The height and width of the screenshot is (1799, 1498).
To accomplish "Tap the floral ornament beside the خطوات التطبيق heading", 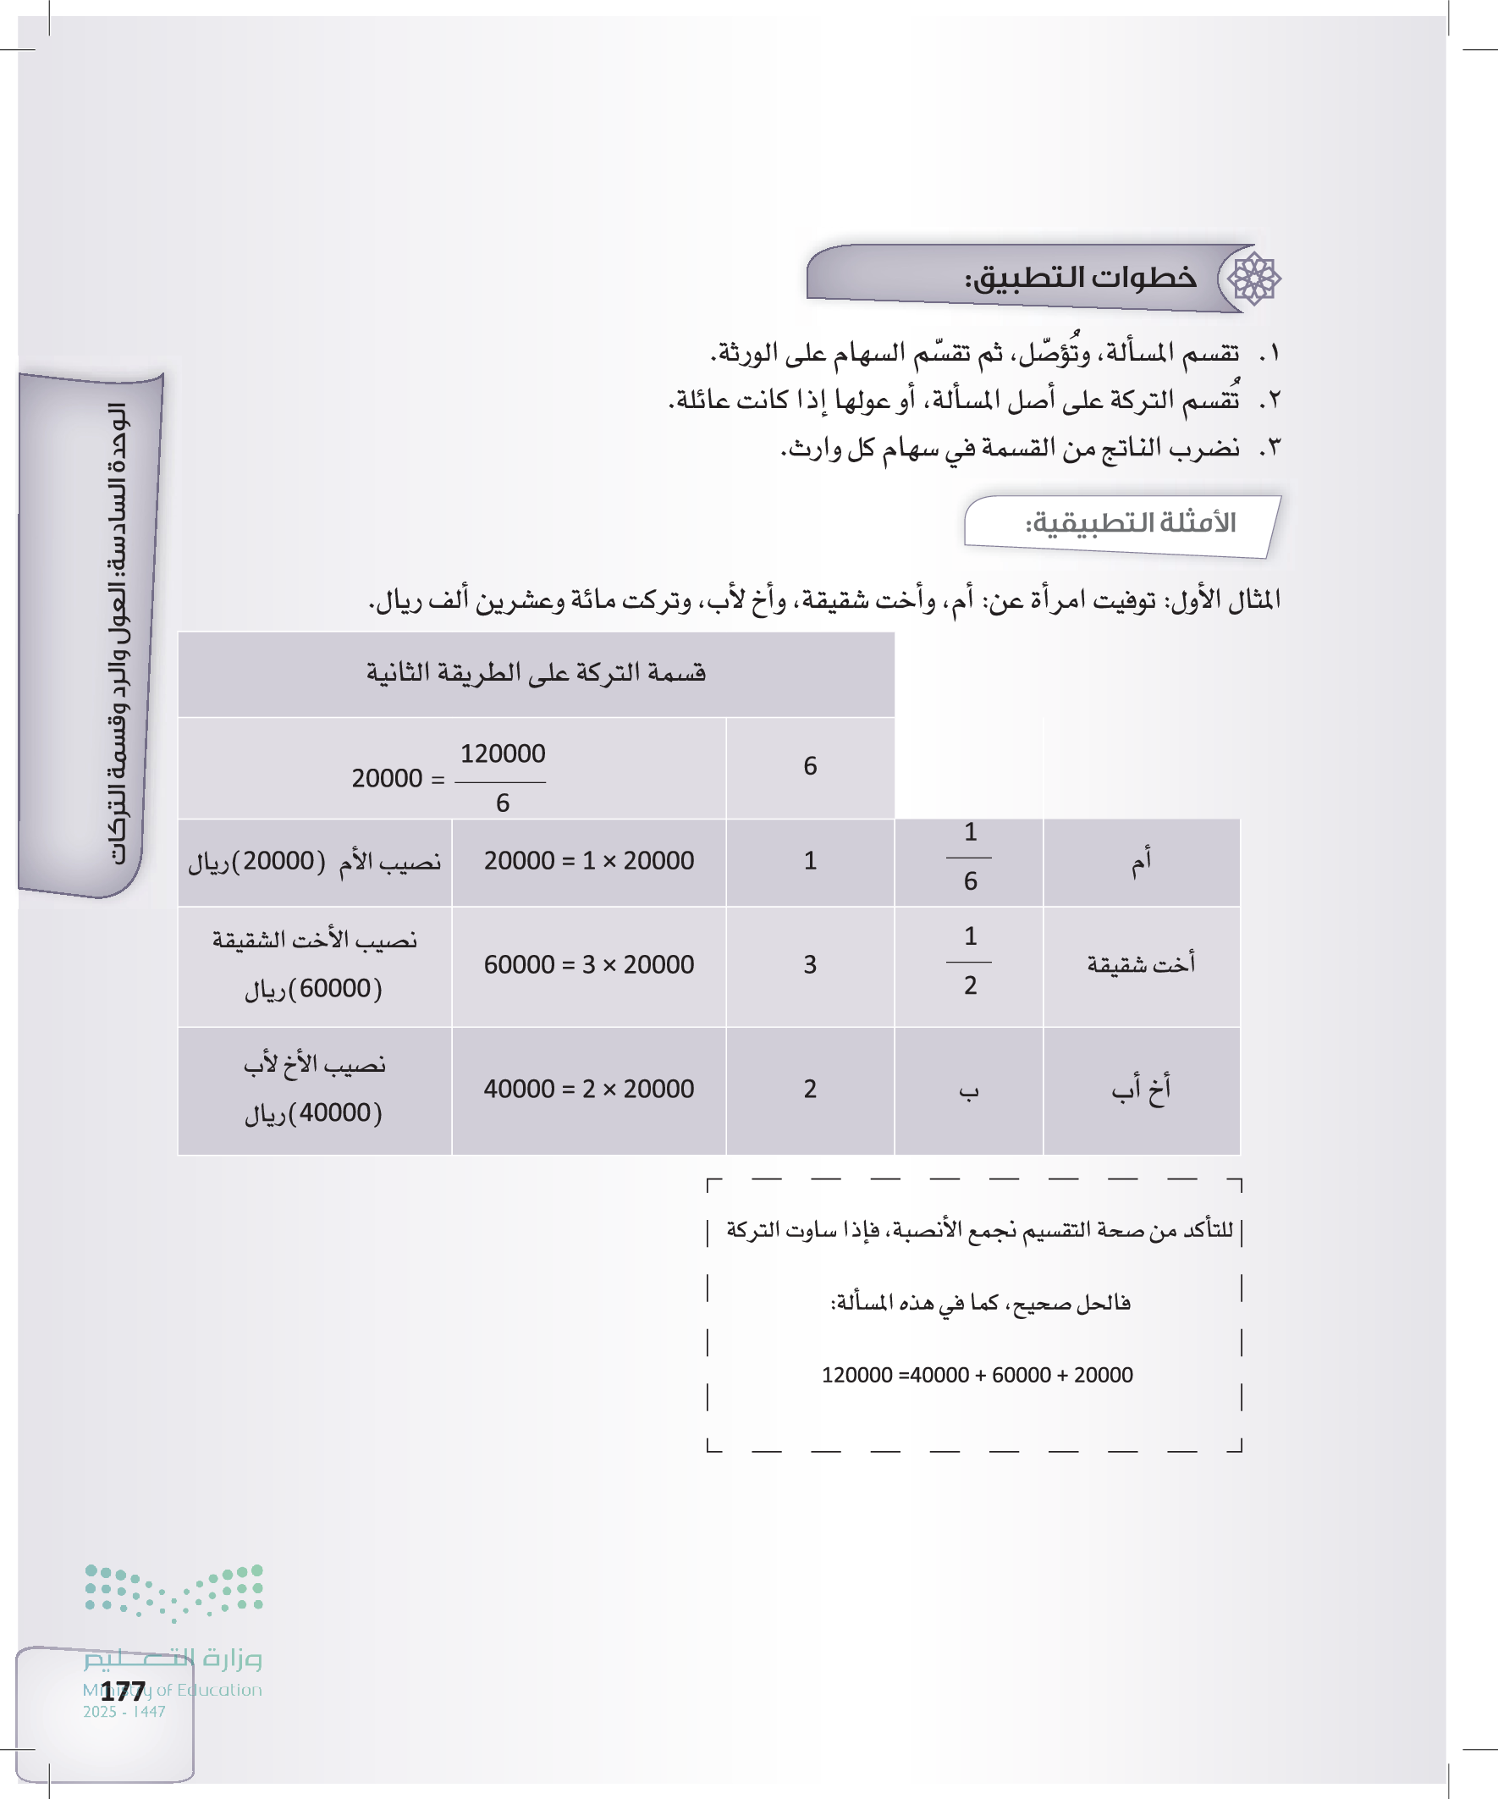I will (1253, 279).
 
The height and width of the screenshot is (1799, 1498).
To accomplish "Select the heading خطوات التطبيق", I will (1081, 279).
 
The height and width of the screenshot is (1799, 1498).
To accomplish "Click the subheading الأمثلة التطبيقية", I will (1131, 522).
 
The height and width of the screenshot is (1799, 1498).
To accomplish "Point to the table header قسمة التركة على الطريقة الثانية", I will (537, 672).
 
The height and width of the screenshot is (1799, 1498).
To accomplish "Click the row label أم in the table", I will (1141, 862).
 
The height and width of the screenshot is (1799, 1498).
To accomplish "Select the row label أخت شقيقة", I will (1141, 964).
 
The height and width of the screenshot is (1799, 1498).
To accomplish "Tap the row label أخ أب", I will (1141, 1089).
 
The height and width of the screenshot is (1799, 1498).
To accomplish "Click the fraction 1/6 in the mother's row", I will (970, 857).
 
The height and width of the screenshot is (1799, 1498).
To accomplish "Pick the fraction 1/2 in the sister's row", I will (970, 961).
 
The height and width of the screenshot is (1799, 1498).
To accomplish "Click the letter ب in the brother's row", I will (969, 1090).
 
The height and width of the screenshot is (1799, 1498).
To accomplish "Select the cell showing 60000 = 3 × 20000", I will (589, 964).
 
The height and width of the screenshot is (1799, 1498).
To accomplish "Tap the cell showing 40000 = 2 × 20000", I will (589, 1089).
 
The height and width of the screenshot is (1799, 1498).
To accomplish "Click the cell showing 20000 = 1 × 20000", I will (589, 861).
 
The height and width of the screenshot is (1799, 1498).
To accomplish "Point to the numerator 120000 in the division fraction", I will (503, 753).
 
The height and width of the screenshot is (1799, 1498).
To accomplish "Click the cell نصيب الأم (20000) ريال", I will (314, 861).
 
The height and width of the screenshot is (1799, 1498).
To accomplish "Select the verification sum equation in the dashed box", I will (977, 1375).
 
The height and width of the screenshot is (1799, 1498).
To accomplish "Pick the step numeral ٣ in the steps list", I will (1270, 448).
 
